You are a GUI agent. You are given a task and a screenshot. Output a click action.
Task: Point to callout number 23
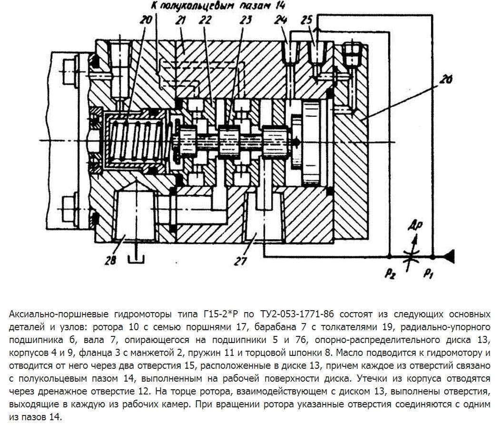(245, 20)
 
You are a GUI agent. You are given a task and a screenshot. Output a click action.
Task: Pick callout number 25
(307, 20)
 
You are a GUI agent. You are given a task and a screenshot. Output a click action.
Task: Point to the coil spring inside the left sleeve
(136, 141)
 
